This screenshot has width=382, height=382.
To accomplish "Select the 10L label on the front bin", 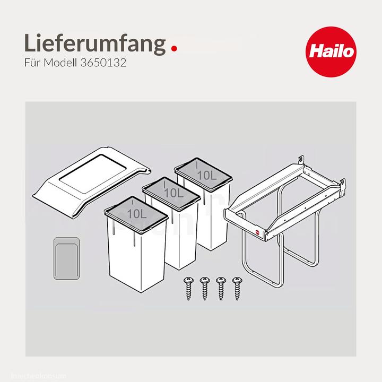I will tap(137, 213).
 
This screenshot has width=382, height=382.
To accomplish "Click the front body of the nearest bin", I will tap(137, 255).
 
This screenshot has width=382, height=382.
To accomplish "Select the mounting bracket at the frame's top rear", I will tap(301, 160).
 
